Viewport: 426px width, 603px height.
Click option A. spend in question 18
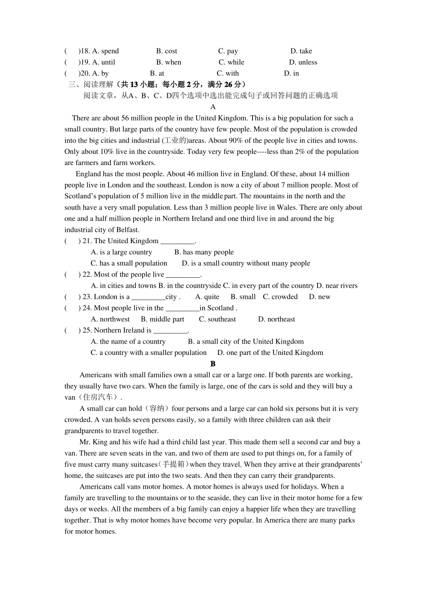(x=105, y=51)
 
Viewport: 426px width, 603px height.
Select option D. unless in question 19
(x=303, y=62)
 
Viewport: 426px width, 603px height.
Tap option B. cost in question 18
(x=166, y=51)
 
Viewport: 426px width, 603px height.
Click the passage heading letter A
(x=213, y=107)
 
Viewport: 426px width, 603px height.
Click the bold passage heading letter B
(x=213, y=364)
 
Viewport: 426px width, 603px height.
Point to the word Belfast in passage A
(x=128, y=230)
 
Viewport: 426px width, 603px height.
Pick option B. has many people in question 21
(x=204, y=252)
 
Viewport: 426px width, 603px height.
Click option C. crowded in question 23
(x=280, y=297)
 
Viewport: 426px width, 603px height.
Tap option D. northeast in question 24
(x=277, y=319)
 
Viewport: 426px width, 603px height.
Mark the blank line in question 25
(x=170, y=331)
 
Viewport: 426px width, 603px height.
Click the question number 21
(x=87, y=241)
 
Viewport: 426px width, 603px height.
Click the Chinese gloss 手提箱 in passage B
(x=174, y=465)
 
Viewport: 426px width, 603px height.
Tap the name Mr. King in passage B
(x=94, y=442)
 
